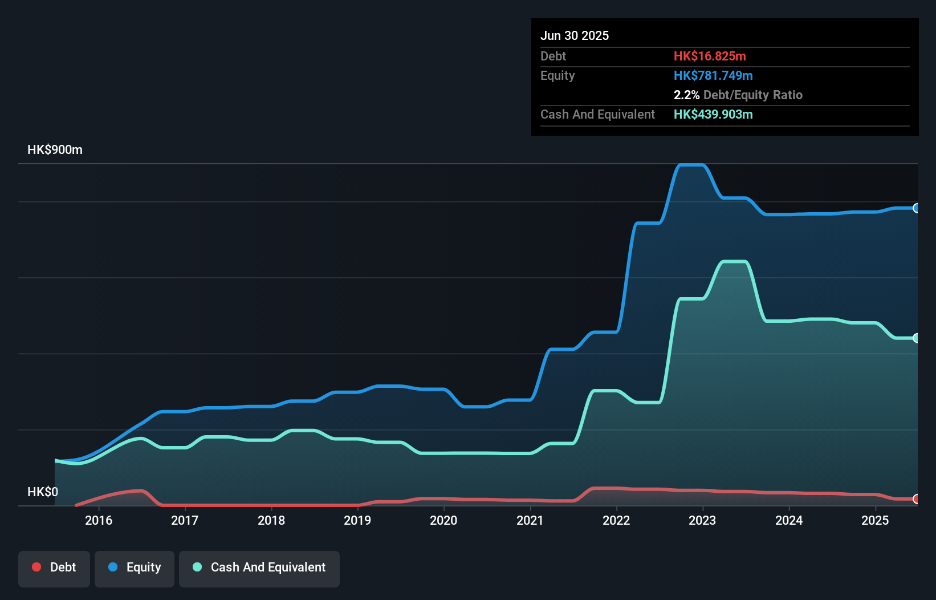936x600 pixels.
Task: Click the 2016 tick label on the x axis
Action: pyautogui.click(x=99, y=520)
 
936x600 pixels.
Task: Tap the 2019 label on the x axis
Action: pyautogui.click(x=357, y=520)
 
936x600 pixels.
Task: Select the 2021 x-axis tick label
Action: pyautogui.click(x=530, y=520)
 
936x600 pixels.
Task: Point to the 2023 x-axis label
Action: pyautogui.click(x=702, y=520)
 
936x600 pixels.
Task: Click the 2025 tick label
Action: pyautogui.click(x=875, y=520)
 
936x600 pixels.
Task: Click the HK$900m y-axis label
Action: pyautogui.click(x=55, y=150)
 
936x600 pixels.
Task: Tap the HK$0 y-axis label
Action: pyautogui.click(x=43, y=492)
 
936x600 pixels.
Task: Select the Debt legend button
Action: pyautogui.click(x=54, y=567)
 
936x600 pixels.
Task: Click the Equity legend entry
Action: pyautogui.click(x=135, y=567)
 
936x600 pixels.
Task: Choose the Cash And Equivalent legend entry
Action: pyautogui.click(x=259, y=567)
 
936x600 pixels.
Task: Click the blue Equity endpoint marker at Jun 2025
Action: pyautogui.click(x=916, y=208)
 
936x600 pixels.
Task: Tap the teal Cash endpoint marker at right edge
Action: pyautogui.click(x=916, y=338)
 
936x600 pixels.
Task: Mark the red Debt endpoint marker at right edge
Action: pyautogui.click(x=916, y=499)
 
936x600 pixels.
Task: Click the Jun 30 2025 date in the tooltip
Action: pyautogui.click(x=575, y=35)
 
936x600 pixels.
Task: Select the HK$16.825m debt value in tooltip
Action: pyautogui.click(x=710, y=56)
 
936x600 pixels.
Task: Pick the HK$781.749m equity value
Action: pyautogui.click(x=713, y=75)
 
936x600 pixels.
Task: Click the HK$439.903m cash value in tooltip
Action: pyautogui.click(x=713, y=114)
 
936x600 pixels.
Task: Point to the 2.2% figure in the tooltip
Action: pyautogui.click(x=686, y=95)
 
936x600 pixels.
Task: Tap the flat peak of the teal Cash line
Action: pyautogui.click(x=734, y=262)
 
